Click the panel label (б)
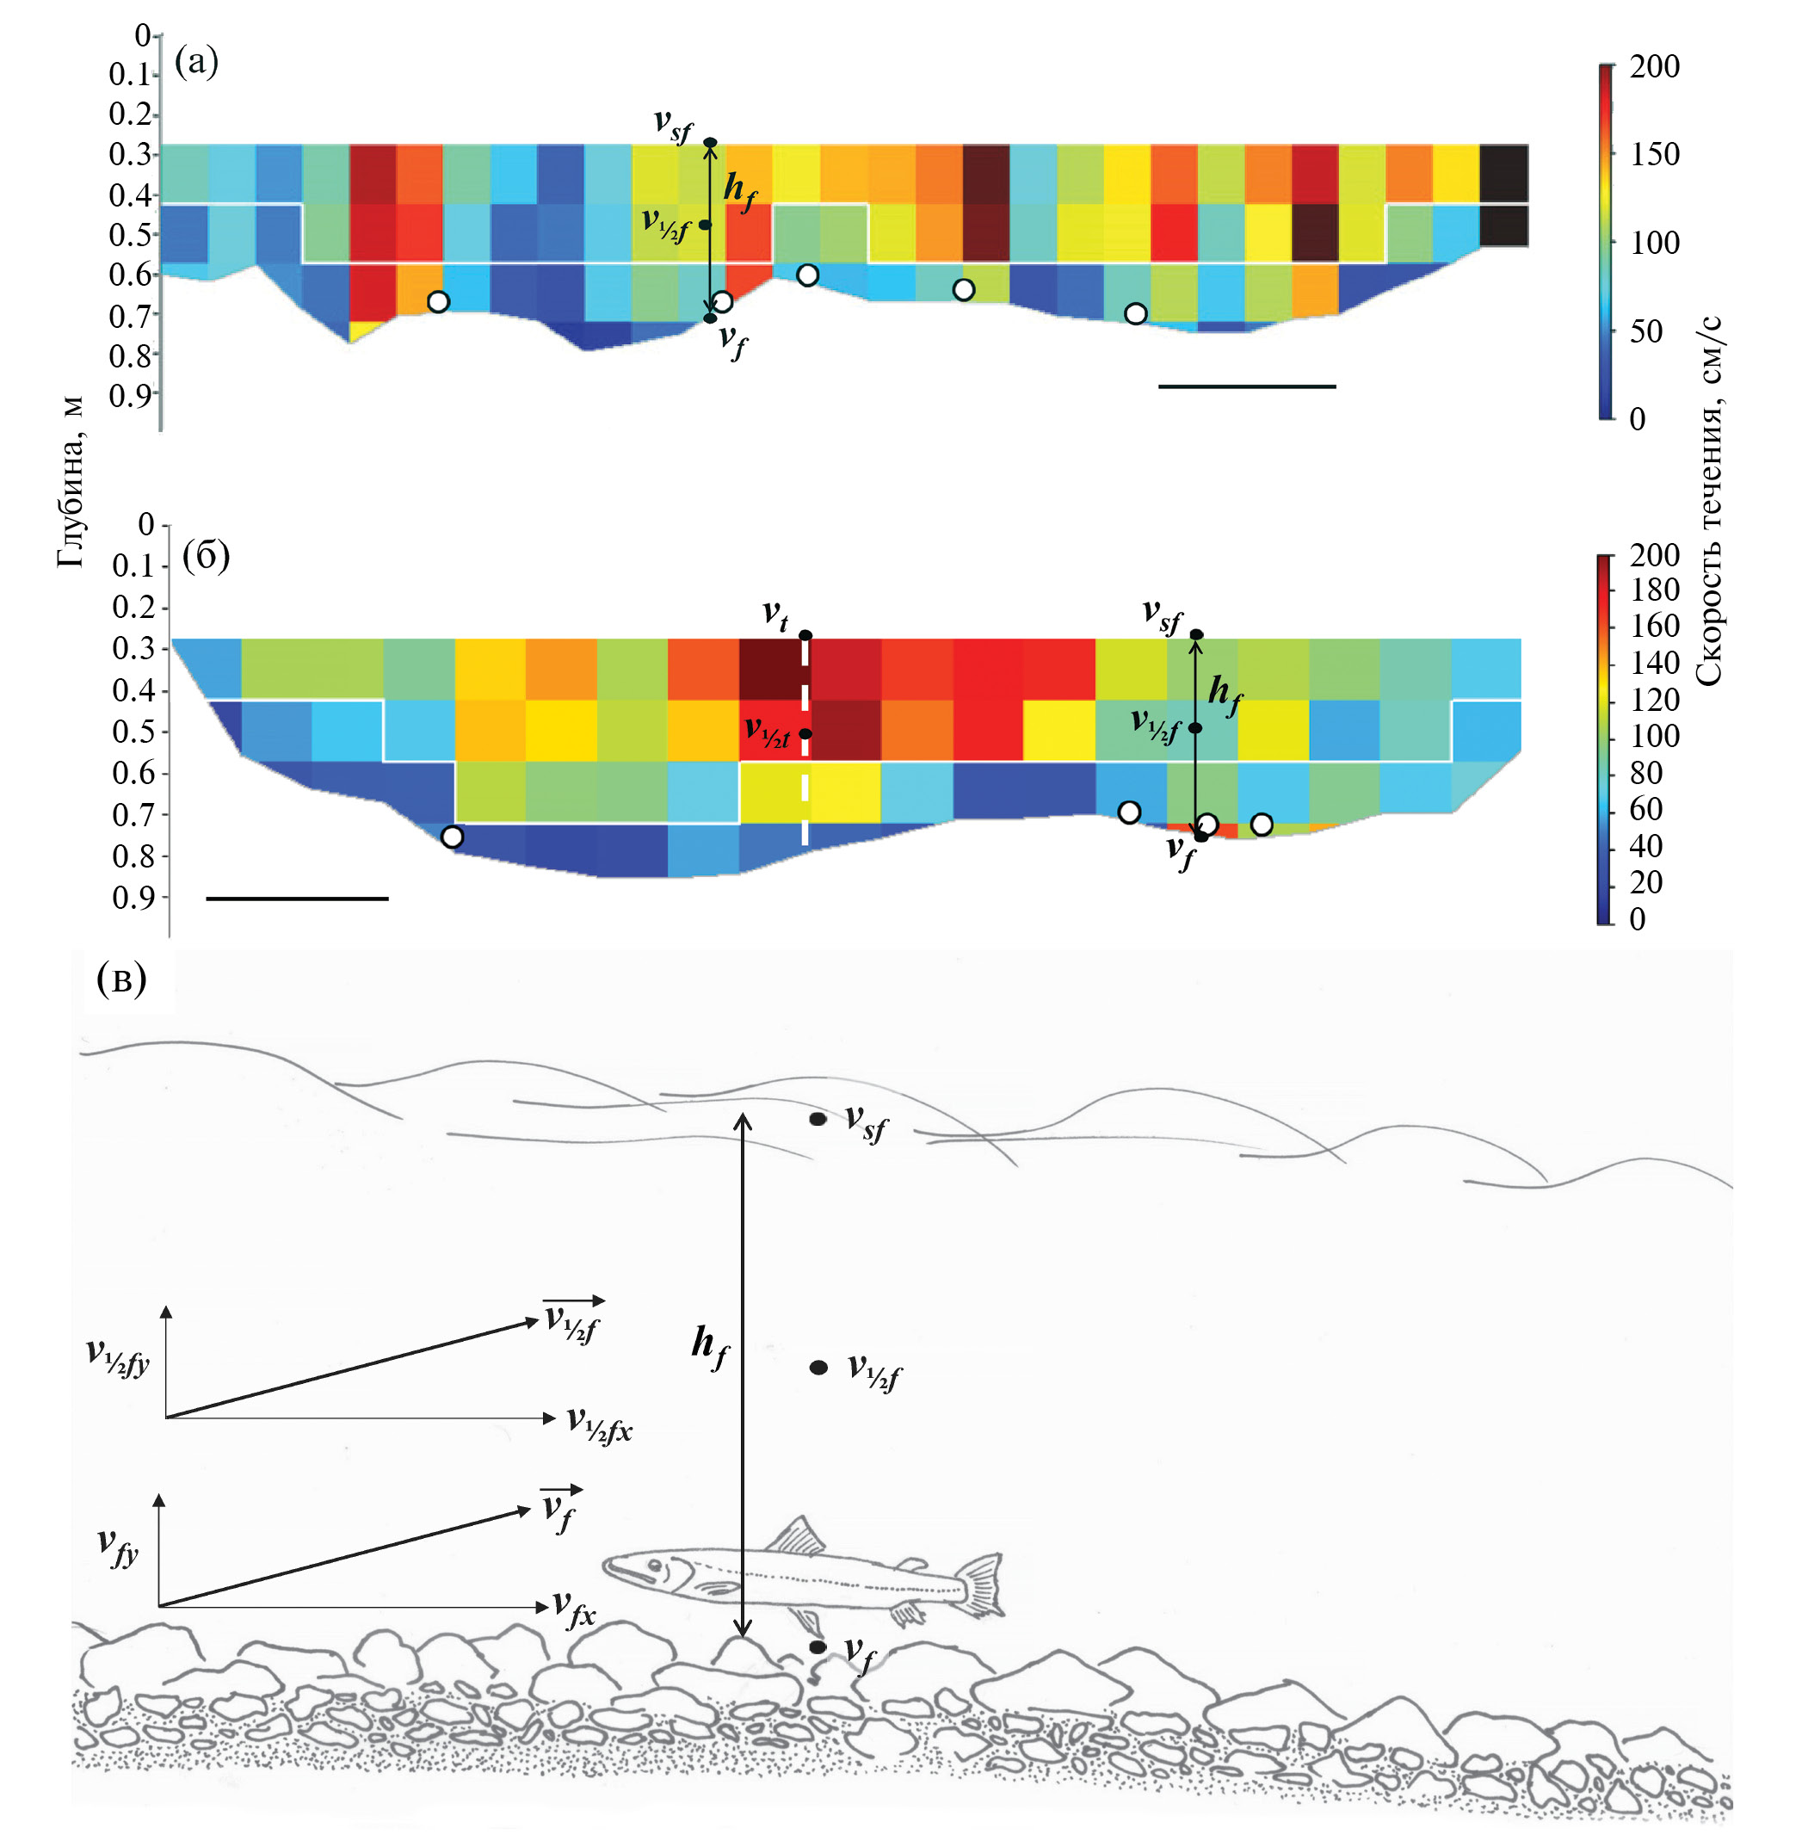pos(206,556)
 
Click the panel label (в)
pos(122,979)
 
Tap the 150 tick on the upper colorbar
pos(1653,154)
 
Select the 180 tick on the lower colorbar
pos(1653,590)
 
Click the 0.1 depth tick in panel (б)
pos(134,566)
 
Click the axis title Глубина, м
pos(71,483)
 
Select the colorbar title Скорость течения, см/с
pos(1709,502)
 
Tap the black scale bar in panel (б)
pos(296,899)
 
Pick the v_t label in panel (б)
pos(775,615)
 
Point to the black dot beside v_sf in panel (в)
pos(818,1119)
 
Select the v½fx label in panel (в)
pos(599,1424)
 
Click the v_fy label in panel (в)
pos(118,1547)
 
